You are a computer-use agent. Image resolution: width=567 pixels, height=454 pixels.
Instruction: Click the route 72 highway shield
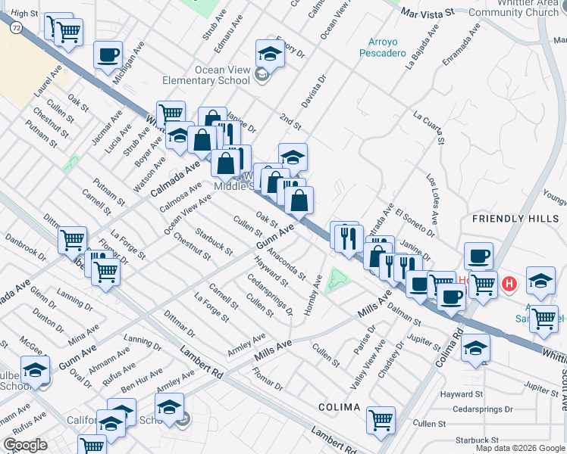pyautogui.click(x=14, y=26)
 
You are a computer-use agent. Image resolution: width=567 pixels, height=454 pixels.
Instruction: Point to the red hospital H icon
pyautogui.click(x=510, y=284)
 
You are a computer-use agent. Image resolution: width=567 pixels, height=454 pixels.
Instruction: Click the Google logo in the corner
pyautogui.click(x=25, y=445)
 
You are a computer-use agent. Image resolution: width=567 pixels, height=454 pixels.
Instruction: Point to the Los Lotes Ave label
pyautogui.click(x=431, y=200)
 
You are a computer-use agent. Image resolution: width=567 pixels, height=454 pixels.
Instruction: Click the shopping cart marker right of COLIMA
pyautogui.click(x=381, y=420)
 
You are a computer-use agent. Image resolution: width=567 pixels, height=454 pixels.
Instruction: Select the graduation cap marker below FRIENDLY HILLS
pyautogui.click(x=541, y=281)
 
